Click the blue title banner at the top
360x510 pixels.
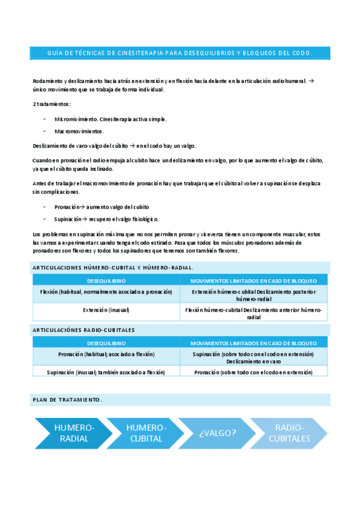click(180, 53)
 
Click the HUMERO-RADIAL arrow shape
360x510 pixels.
click(73, 433)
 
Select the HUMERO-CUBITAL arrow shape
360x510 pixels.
click(145, 433)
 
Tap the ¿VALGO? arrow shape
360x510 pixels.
click(217, 433)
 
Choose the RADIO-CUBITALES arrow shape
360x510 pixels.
click(289, 433)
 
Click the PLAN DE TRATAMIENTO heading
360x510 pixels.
click(67, 400)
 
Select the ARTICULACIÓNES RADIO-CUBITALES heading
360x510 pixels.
click(84, 330)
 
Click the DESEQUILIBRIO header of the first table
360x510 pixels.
click(106, 281)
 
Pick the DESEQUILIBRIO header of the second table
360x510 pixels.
click(106, 343)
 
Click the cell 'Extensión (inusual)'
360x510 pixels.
click(106, 310)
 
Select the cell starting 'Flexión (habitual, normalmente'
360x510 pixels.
click(106, 292)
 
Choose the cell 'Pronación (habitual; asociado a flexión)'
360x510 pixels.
click(106, 354)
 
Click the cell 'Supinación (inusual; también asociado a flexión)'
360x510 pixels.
click(106, 372)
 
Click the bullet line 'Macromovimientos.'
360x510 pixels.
click(79, 131)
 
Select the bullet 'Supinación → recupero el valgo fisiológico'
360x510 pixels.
click(106, 219)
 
